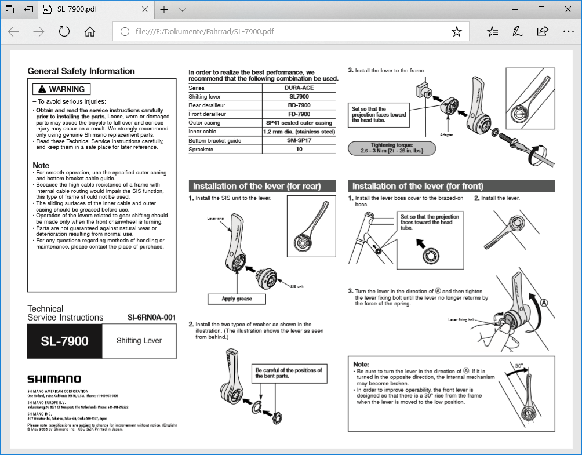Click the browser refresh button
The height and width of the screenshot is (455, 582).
tap(64, 31)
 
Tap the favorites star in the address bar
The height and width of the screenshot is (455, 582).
tap(457, 31)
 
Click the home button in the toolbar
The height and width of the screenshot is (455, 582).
tap(90, 31)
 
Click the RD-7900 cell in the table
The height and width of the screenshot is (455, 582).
tap(299, 105)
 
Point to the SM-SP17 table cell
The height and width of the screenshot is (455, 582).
tap(299, 140)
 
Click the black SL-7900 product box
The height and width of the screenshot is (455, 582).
tap(64, 341)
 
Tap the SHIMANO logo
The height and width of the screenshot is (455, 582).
tap(54, 379)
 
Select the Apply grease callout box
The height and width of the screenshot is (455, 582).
tap(237, 299)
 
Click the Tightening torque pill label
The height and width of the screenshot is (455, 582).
tap(392, 148)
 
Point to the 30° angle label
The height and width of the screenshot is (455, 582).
tap(519, 366)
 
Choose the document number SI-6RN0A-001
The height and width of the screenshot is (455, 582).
tap(151, 318)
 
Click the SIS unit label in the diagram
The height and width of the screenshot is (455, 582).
tap(296, 286)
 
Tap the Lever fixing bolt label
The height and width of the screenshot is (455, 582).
tap(461, 319)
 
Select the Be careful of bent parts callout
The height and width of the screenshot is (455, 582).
tap(288, 373)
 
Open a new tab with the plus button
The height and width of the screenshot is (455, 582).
tap(164, 9)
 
